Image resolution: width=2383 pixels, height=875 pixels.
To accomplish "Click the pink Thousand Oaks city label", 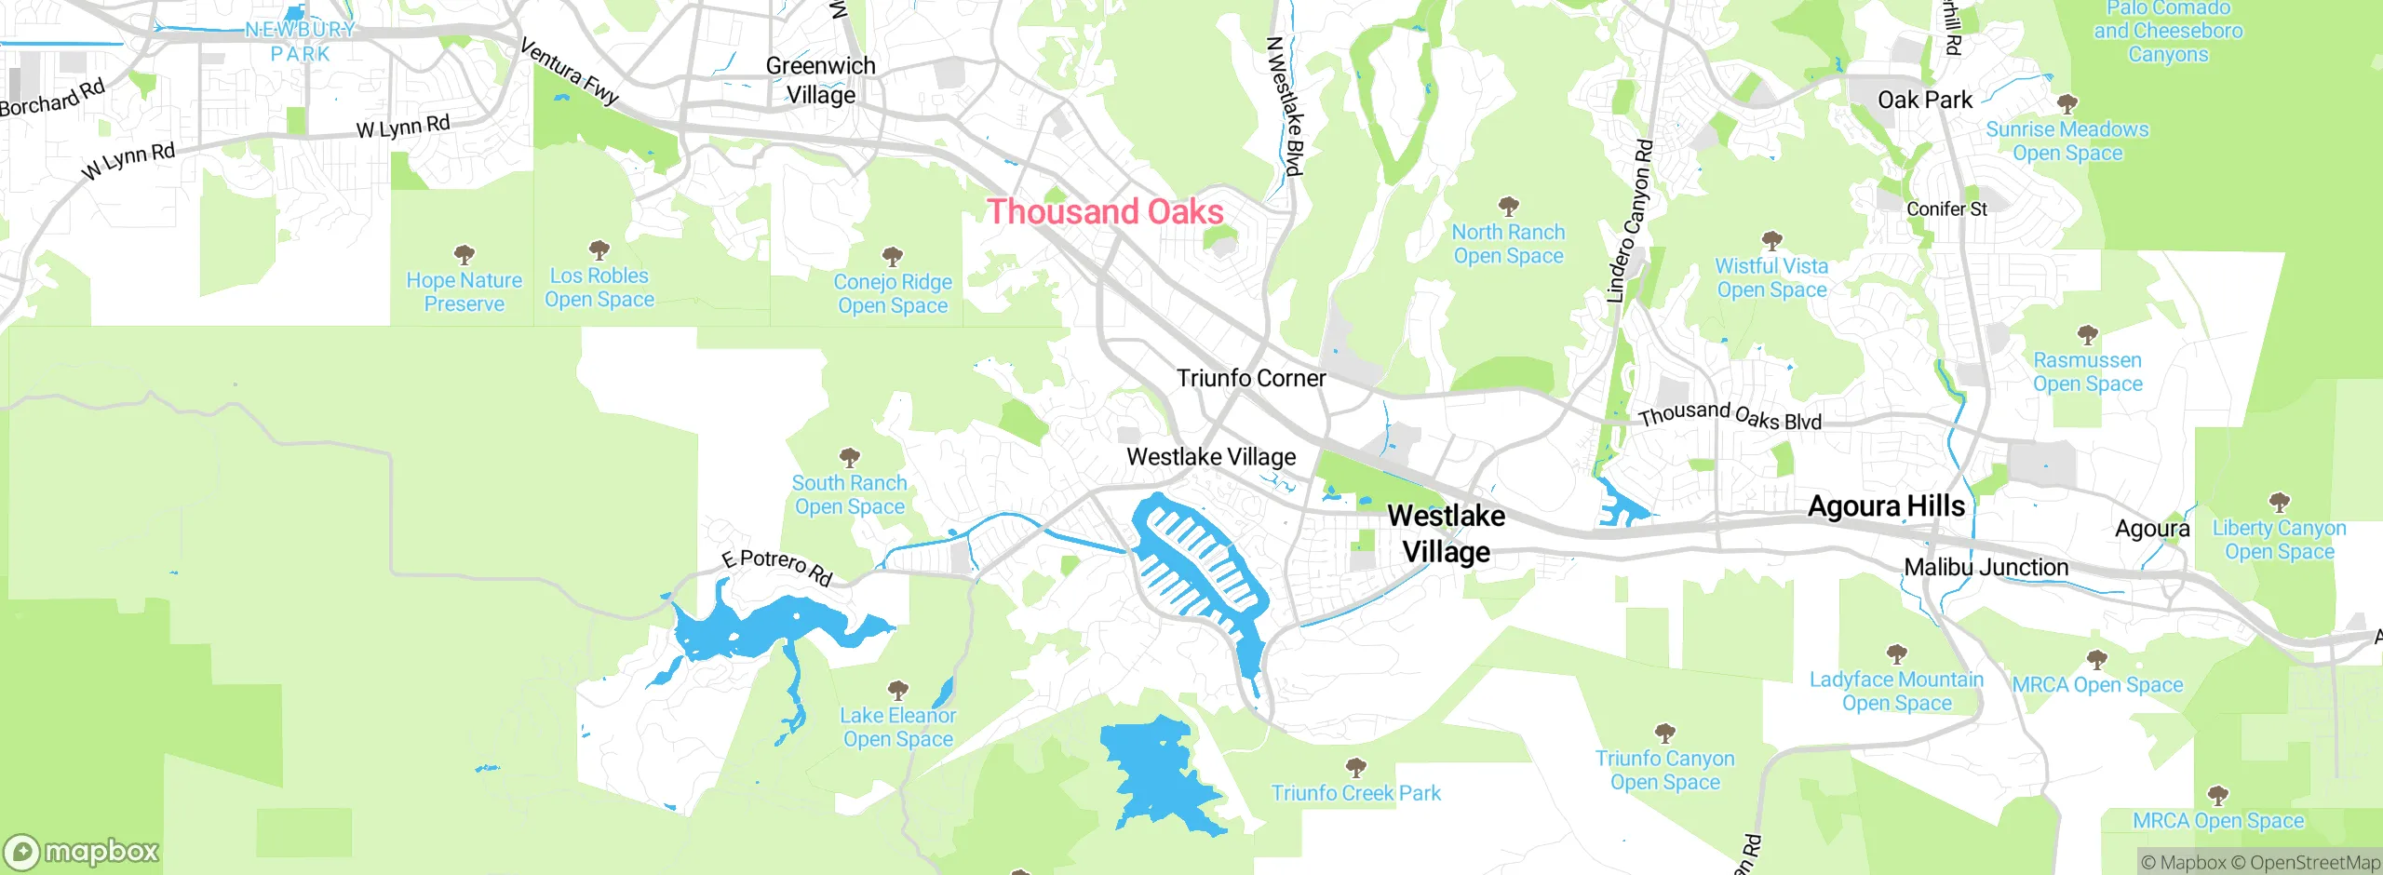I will coord(1105,212).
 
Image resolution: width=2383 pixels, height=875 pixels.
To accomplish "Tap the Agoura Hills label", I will coord(1886,506).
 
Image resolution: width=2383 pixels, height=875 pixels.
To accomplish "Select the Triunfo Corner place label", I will coord(1250,379).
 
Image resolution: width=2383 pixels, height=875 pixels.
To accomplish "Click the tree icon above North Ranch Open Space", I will coord(1508,206).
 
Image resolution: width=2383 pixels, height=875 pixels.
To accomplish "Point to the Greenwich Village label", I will coord(820,80).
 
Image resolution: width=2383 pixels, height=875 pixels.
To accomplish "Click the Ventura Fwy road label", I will coord(570,72).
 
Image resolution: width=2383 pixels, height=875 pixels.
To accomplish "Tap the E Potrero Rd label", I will coord(777,567).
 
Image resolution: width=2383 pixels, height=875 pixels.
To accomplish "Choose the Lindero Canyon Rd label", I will coord(1630,222).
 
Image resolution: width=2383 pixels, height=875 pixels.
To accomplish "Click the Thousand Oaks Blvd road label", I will coord(1730,415).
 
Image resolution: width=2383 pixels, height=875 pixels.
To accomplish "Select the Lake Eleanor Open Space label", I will coord(897,727).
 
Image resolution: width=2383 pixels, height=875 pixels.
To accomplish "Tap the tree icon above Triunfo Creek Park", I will coord(1355,767).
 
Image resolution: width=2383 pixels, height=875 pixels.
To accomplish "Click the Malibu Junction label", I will coord(1986,568).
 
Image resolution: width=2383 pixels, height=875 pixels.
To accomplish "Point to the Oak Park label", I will coord(1924,100).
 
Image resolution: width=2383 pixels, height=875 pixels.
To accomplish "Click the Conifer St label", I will coord(1946,209).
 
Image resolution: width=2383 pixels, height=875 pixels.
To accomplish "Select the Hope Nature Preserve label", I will coord(464,292).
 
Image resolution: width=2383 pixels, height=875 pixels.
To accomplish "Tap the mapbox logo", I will coord(82,851).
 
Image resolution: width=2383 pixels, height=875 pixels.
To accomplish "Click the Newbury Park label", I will coord(301,42).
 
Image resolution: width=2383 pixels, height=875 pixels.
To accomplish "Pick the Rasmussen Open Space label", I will coord(2087,372).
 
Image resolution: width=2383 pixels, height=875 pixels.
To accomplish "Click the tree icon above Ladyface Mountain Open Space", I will coord(1896,653).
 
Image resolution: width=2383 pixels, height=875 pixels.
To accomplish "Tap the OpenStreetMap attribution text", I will coord(2314,863).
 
